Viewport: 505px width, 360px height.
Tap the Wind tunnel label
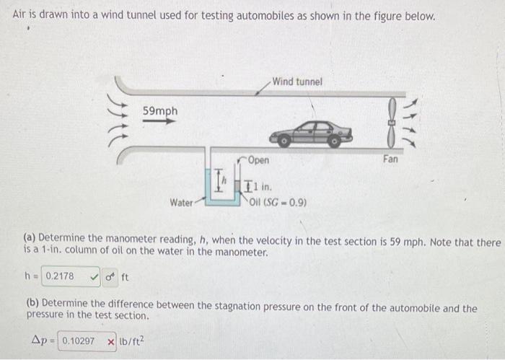coord(297,82)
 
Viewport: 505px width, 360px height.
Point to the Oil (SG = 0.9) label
coord(277,202)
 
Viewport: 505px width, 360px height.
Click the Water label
coord(180,203)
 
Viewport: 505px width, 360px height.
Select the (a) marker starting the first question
coord(30,237)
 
